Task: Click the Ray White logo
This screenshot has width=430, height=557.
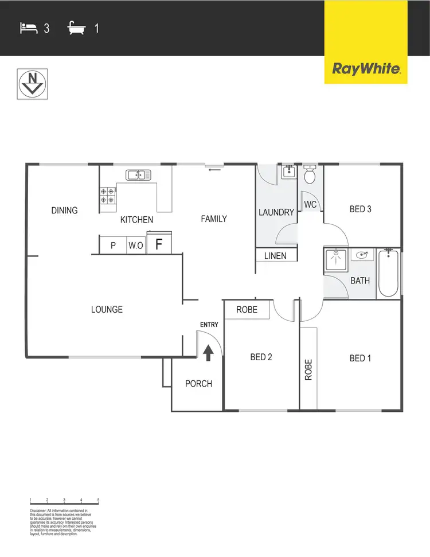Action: point(366,69)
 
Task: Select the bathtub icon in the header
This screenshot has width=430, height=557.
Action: point(76,27)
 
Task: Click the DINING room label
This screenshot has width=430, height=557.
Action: point(64,211)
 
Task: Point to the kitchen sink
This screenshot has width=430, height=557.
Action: point(138,174)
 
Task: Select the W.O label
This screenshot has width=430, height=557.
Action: point(136,246)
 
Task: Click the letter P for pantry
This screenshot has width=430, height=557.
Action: point(113,246)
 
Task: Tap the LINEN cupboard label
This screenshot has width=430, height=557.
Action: point(276,255)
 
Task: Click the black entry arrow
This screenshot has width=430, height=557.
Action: point(208,352)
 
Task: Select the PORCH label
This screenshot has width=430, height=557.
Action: point(198,384)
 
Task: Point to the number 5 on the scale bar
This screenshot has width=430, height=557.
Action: point(99,500)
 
